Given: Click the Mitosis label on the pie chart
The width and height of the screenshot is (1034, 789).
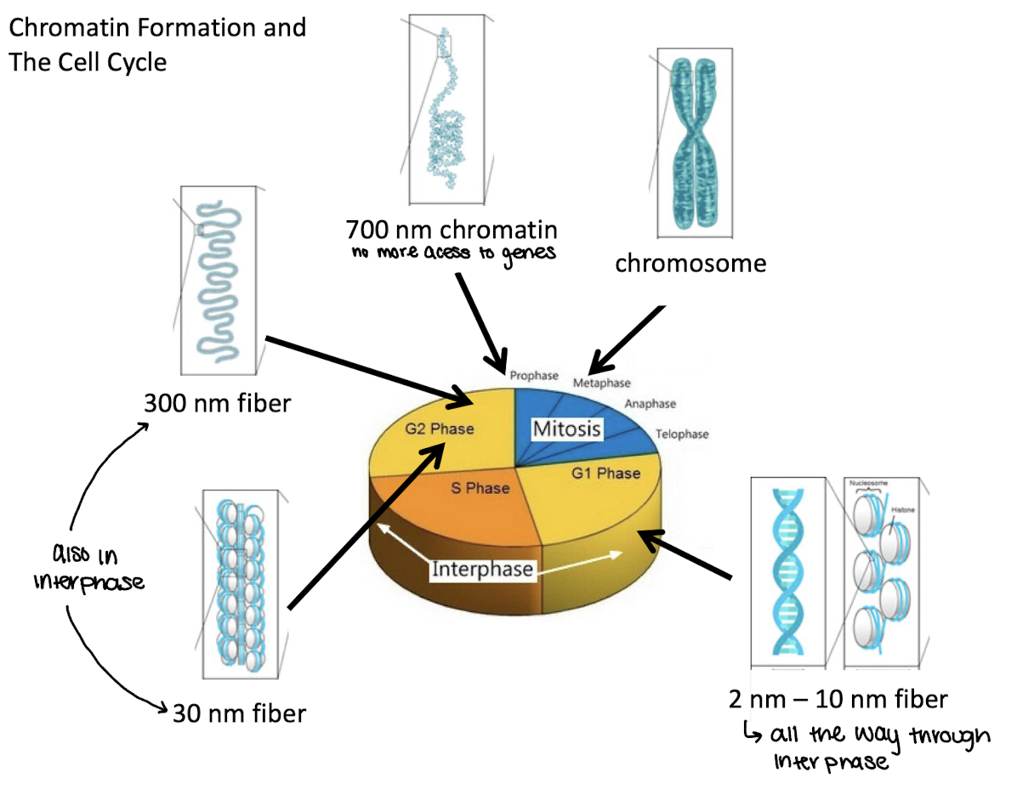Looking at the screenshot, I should coord(566,429).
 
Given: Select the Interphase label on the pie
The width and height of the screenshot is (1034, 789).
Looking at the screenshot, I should coord(482,569).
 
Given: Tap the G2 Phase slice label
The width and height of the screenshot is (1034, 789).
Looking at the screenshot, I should coord(439,429).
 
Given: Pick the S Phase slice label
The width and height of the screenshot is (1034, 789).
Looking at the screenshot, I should coord(480,488).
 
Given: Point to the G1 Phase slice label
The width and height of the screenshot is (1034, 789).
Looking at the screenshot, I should coord(605,474).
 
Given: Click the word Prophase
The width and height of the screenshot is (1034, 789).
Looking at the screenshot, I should coord(534,375).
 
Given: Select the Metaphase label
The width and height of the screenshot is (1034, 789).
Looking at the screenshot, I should coord(601,383).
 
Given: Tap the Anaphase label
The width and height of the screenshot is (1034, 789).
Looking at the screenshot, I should coord(650,404).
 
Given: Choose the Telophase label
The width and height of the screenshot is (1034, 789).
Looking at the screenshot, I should coord(682,434).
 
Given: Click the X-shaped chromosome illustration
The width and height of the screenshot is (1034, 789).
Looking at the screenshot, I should coord(696,142).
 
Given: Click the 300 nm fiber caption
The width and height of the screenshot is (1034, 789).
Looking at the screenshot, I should coord(217,402).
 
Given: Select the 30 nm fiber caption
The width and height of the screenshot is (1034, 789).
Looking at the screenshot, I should coord(239,712).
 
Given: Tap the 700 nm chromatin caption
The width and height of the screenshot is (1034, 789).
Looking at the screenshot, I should coord(452,230).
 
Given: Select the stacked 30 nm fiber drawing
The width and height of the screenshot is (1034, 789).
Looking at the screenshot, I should coord(242,583).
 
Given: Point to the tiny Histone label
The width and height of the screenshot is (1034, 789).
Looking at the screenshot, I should coord(902,508).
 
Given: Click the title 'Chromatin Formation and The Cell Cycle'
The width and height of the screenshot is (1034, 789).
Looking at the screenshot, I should coord(157,44).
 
